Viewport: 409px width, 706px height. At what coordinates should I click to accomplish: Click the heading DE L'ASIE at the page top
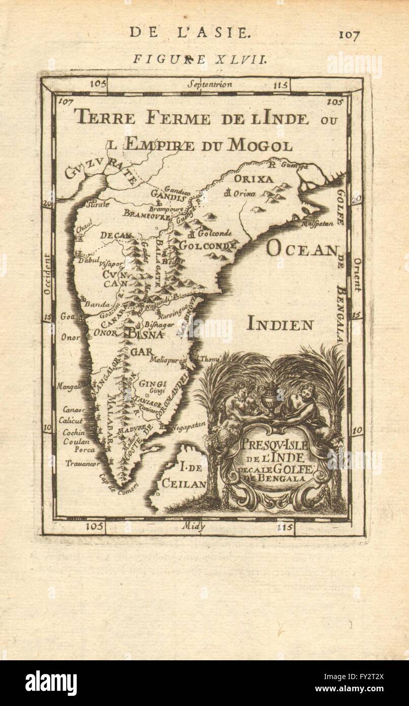click(190, 34)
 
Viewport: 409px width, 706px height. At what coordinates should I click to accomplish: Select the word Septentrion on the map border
click(209, 84)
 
